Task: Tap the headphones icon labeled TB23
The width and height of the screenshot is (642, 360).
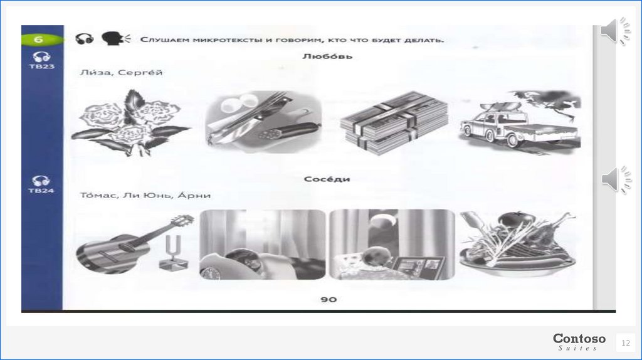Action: (x=41, y=57)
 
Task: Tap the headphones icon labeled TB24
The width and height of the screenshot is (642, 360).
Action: (x=41, y=181)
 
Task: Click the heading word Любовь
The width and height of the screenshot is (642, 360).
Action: (x=327, y=56)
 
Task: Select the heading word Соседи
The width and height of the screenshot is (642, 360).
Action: (x=327, y=179)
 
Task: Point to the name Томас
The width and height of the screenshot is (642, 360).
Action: (x=97, y=195)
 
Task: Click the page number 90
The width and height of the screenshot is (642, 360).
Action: (x=329, y=299)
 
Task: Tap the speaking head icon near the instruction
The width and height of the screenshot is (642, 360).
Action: (x=115, y=38)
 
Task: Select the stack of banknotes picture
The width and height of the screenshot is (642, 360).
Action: (x=393, y=122)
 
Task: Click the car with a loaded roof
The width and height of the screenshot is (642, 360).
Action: (x=519, y=123)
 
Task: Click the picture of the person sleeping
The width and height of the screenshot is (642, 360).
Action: (x=263, y=245)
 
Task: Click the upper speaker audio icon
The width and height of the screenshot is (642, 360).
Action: (x=616, y=31)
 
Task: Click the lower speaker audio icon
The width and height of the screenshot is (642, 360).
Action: (x=616, y=180)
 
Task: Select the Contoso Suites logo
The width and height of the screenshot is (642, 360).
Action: (x=579, y=342)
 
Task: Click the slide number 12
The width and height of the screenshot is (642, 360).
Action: (x=626, y=343)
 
